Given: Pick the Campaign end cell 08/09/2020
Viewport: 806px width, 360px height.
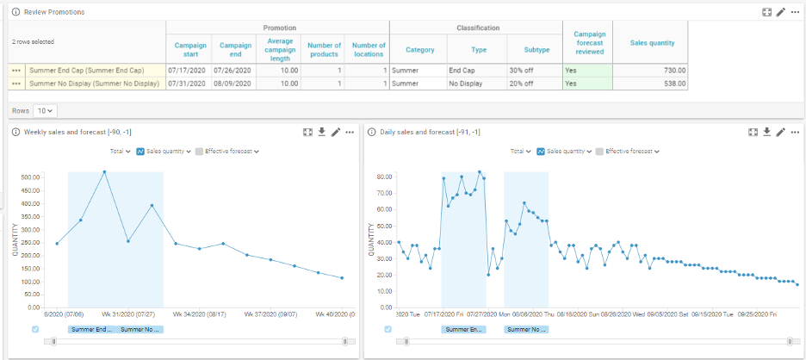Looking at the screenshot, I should point(235,84).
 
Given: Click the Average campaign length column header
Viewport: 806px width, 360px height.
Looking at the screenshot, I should point(282,50).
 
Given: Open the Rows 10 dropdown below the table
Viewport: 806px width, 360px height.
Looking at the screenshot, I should point(45,111).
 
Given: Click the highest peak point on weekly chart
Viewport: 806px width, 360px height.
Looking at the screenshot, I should point(104,171).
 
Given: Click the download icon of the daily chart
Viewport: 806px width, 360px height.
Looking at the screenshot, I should point(766,132).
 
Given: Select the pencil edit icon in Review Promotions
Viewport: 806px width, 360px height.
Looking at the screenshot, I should point(780,12).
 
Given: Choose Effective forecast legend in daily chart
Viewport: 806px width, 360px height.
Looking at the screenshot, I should point(629,151).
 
